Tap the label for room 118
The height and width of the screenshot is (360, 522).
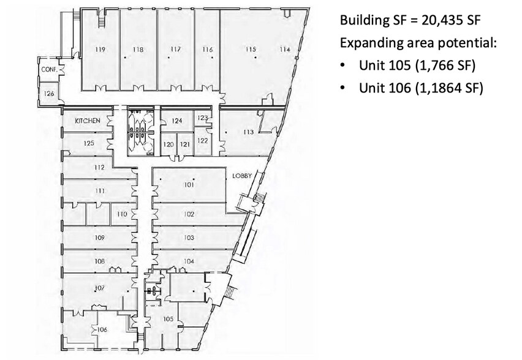(x=138, y=49)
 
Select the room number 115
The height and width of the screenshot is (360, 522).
(x=251, y=49)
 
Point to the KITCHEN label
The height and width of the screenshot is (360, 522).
(x=87, y=121)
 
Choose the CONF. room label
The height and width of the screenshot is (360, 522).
(x=50, y=70)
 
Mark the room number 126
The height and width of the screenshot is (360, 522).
(x=49, y=93)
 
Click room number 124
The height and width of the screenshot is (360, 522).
(x=176, y=121)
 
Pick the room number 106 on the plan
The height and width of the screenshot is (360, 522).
(x=102, y=329)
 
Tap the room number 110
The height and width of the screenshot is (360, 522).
(x=122, y=214)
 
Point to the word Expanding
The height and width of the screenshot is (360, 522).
(x=368, y=43)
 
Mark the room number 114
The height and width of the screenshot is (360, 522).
(x=284, y=49)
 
